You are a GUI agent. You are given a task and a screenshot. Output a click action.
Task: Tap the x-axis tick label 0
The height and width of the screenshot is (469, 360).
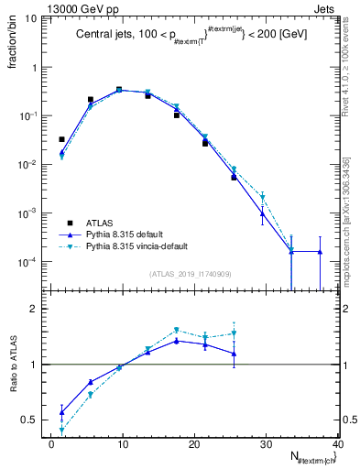[x=51, y=444]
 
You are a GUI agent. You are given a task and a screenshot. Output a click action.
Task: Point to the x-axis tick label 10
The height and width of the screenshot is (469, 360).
[x=123, y=444]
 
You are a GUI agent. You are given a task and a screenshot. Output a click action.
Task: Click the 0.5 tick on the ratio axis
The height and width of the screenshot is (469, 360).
[x=37, y=420]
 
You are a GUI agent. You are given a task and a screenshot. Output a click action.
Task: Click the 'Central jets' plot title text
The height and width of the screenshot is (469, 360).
[x=191, y=35]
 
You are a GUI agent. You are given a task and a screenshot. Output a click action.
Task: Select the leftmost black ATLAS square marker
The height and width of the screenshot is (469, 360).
[x=61, y=139]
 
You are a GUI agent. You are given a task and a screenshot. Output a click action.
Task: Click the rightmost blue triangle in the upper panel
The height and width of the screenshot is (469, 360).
[x=320, y=252]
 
